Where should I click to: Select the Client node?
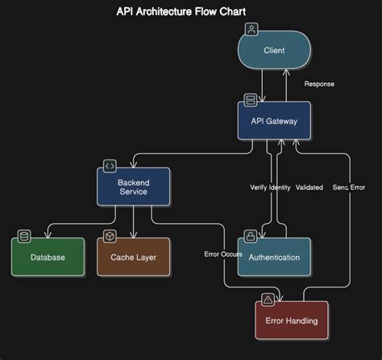point(274,51)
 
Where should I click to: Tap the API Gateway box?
point(274,122)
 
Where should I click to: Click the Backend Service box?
point(133,186)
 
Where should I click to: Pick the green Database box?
point(48,258)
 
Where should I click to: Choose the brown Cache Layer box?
point(133,258)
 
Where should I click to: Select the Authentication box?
point(274,258)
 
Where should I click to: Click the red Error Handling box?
point(291,321)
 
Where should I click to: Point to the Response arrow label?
point(319,84)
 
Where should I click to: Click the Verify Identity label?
point(269,188)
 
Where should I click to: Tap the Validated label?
point(309,188)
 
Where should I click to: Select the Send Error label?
point(348,188)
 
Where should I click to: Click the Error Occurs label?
point(222,254)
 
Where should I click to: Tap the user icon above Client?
point(251,30)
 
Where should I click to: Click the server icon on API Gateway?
point(251,100)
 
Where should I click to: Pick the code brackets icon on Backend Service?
point(110,166)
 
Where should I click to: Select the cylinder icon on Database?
point(24,236)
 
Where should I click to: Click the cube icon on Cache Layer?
point(110,236)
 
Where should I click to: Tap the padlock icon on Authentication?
point(251,236)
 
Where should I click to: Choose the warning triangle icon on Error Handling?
point(268,299)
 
